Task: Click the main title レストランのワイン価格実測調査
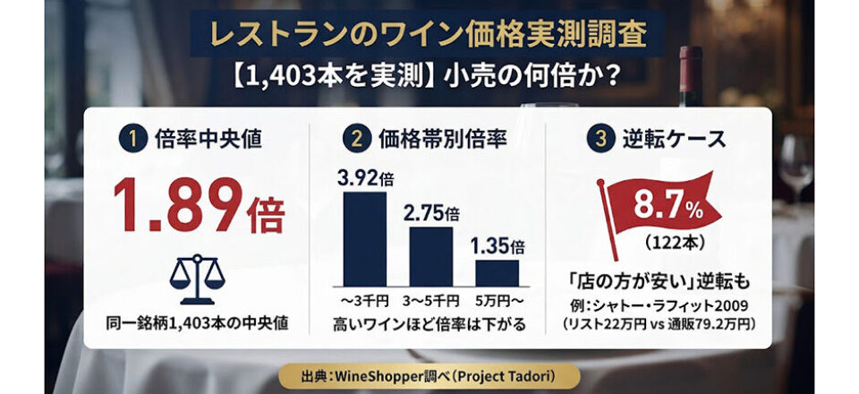[428, 34]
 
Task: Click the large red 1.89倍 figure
[200, 206]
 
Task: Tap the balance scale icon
[197, 278]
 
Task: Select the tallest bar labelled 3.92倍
[365, 238]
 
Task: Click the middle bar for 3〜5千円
[431, 256]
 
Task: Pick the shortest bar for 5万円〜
[497, 273]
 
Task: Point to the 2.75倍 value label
[431, 213]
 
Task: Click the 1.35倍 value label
[497, 246]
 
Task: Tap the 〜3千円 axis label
[365, 301]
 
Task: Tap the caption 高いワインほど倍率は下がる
[429, 324]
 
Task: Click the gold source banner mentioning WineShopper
[429, 377]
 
